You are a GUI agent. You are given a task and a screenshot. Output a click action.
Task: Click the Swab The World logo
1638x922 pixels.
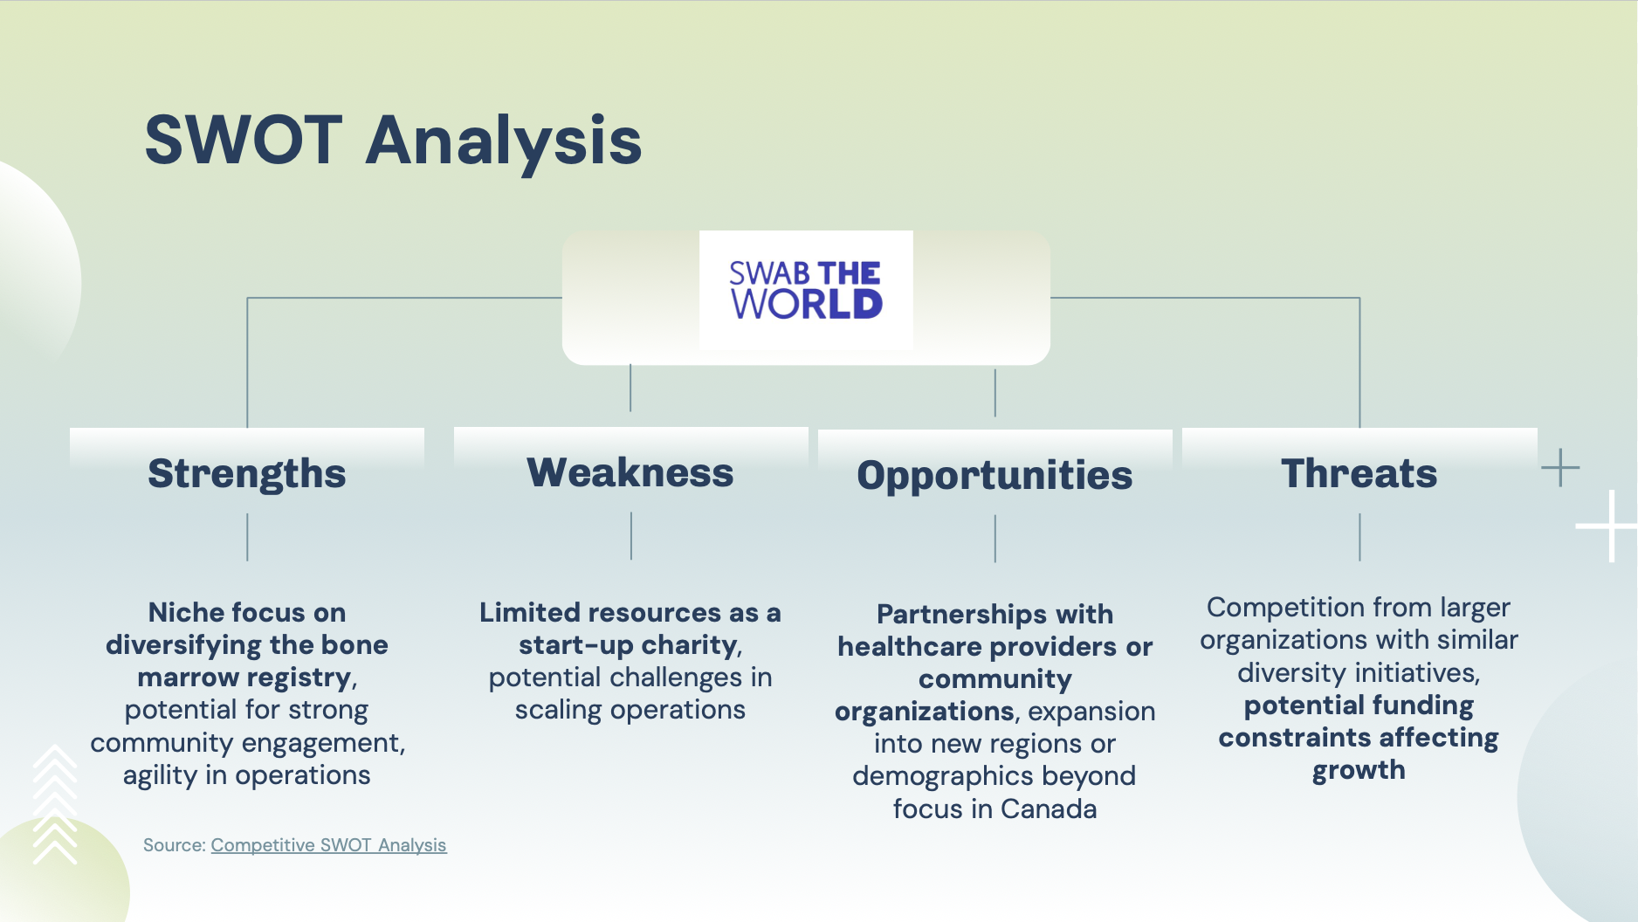coord(806,290)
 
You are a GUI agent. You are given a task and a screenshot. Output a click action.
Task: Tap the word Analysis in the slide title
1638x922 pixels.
coord(504,141)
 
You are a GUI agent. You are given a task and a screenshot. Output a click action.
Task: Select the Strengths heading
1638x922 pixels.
coord(247,474)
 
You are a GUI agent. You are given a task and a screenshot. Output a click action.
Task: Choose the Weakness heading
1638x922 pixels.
coord(630,472)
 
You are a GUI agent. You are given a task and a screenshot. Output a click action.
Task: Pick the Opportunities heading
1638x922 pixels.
coord(994,476)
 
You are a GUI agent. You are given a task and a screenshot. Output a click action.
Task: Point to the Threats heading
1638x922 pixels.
coord(1359,473)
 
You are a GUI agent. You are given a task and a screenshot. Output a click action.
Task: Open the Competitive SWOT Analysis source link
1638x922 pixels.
coord(328,845)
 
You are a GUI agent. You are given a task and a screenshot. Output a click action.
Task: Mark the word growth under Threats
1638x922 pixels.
coord(1359,771)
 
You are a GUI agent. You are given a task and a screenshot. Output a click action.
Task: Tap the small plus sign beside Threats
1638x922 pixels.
coord(1560,468)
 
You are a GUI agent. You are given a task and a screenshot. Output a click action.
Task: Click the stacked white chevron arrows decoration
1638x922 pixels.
coord(55,804)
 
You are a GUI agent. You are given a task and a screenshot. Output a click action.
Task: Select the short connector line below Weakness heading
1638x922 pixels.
coord(630,535)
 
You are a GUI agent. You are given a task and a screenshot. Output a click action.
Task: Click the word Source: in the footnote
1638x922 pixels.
coord(174,845)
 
